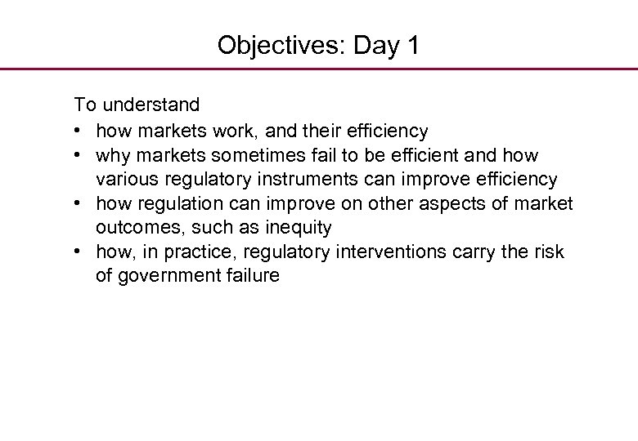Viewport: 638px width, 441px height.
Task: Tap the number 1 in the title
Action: click(x=411, y=45)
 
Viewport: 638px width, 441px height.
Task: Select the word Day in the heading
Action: click(x=374, y=45)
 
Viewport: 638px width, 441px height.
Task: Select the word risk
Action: click(x=547, y=252)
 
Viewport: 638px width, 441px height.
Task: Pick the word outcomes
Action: click(x=137, y=227)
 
